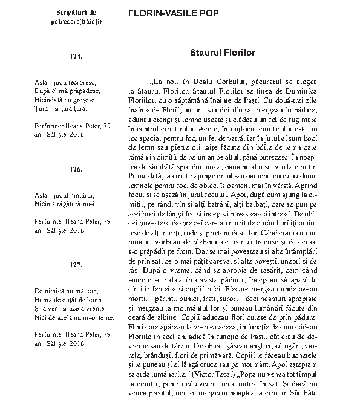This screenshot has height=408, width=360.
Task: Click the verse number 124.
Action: [76, 56]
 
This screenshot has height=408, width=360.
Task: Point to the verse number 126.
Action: [76, 169]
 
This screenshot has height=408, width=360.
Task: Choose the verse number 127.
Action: [76, 265]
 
